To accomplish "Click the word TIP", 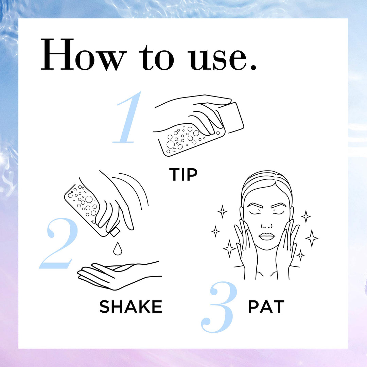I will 183,174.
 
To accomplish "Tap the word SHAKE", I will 130,307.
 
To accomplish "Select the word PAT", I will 266,307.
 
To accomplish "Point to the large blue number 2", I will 58,243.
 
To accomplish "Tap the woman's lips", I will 267,236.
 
